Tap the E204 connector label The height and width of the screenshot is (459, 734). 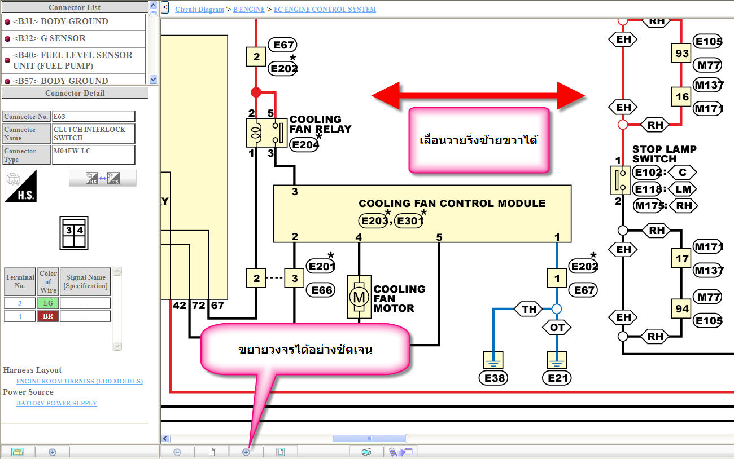(x=304, y=145)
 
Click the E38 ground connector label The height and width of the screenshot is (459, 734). (x=495, y=378)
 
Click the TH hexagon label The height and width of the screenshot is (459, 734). (x=529, y=309)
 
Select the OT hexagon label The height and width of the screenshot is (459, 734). (x=557, y=327)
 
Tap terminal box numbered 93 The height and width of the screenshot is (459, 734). (x=682, y=54)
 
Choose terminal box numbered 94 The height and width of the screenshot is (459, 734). (x=682, y=309)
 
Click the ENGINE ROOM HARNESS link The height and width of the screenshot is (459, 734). (x=80, y=381)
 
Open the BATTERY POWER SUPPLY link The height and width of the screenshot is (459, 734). (x=56, y=403)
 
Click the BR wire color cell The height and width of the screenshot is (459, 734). (x=48, y=316)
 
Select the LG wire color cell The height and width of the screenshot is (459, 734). (x=48, y=303)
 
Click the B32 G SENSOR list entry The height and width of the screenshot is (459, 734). (x=49, y=38)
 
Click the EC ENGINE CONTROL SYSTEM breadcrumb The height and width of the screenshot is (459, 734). (x=325, y=10)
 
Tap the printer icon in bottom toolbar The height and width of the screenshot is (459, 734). (x=366, y=452)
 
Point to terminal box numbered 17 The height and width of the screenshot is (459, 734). (x=682, y=258)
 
